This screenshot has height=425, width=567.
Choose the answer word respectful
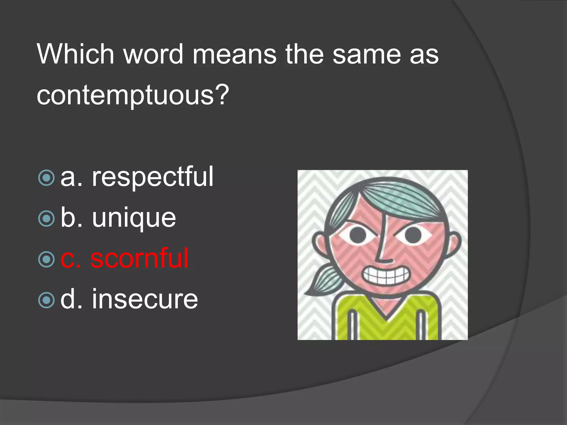[x=153, y=177]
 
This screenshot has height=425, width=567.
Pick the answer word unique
[x=134, y=218]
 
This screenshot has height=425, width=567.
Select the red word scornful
[x=140, y=259]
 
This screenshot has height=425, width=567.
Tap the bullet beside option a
[x=47, y=178]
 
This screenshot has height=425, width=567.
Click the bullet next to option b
[x=47, y=219]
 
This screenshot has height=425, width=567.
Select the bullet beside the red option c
[x=47, y=259]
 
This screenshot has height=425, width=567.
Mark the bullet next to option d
[x=47, y=300]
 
